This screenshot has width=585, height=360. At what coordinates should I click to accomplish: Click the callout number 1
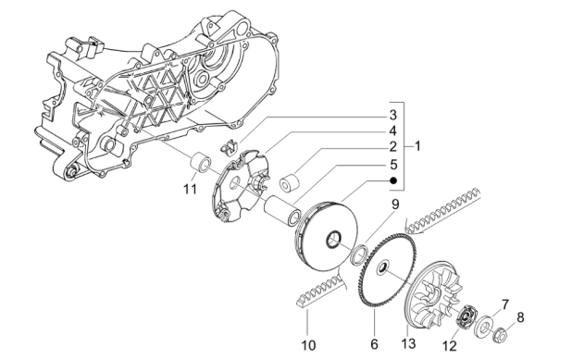coord(417,146)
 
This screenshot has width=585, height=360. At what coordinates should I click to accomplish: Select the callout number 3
coord(392,115)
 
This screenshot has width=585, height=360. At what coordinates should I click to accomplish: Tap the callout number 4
coord(392,130)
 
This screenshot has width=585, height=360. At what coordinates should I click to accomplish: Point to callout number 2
coord(392,146)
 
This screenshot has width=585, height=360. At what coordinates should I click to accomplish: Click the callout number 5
coord(392,163)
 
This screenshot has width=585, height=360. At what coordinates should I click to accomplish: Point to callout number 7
coord(504,304)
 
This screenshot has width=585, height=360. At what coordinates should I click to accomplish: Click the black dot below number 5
coord(392,180)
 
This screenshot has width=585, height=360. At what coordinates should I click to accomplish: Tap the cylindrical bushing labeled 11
coord(196,166)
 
